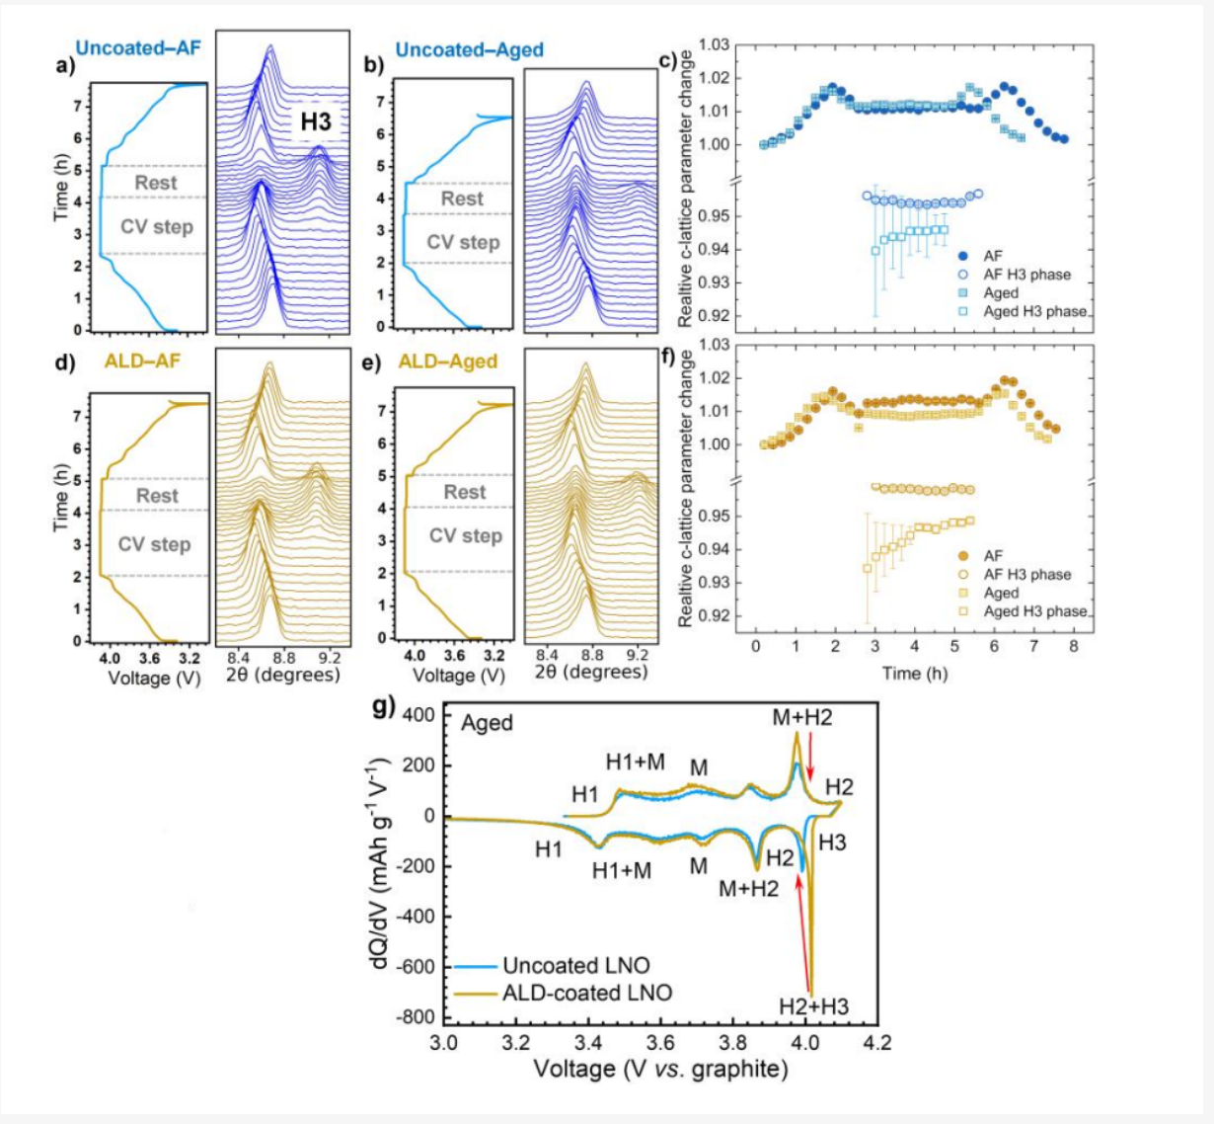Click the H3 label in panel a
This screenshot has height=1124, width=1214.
pos(316,121)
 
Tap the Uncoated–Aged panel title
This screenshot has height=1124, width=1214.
pos(469,49)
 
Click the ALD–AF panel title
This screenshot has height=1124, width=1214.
pos(142,361)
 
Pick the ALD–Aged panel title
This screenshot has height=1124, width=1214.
pos(447,361)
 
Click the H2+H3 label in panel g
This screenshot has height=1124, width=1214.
pos(813,1006)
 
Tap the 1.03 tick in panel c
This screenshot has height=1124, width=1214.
pos(714,45)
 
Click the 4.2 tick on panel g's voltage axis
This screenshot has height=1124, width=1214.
pos(877,1043)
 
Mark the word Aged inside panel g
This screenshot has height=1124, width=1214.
pos(487,723)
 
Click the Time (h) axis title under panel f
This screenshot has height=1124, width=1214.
pos(914,674)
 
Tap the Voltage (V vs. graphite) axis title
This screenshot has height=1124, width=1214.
pos(660,1070)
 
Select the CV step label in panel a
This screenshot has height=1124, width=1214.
pos(157,227)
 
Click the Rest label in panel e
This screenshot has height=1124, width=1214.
pos(464,492)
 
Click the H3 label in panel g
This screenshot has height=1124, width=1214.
pos(832,843)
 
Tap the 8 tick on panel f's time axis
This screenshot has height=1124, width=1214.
pos(1073,647)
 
